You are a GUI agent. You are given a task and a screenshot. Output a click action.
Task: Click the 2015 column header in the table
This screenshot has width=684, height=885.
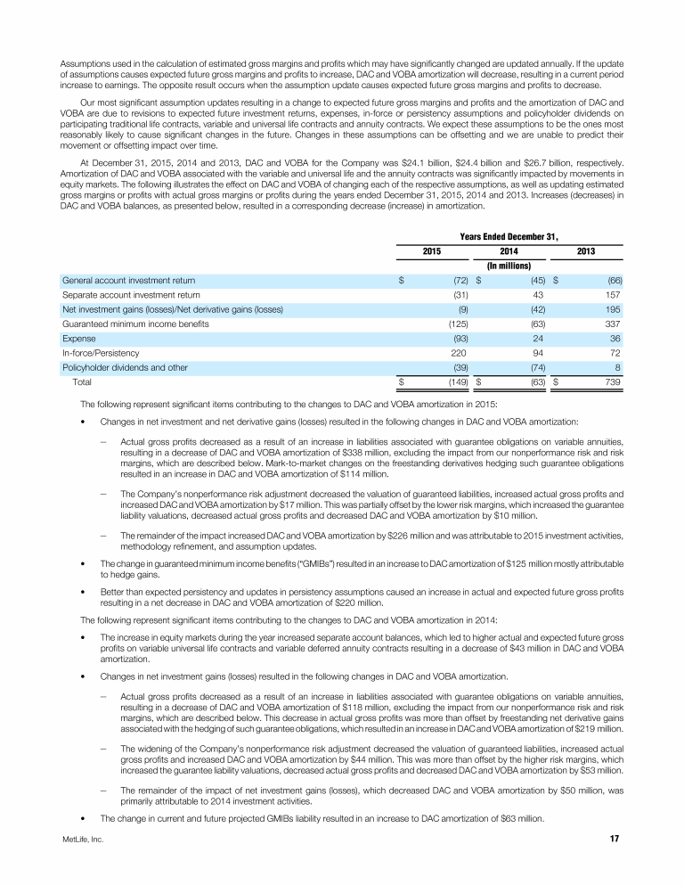432,250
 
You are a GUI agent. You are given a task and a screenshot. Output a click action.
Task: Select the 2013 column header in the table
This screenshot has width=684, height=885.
586,250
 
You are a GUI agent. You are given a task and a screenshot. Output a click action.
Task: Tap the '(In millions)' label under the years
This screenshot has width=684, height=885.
509,265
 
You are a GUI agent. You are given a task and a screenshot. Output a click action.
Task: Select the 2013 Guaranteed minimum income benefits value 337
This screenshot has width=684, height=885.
613,324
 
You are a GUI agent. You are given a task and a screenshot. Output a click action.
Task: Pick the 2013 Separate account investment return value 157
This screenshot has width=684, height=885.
613,294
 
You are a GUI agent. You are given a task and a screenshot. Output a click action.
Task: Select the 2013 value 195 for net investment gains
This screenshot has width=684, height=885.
613,309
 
